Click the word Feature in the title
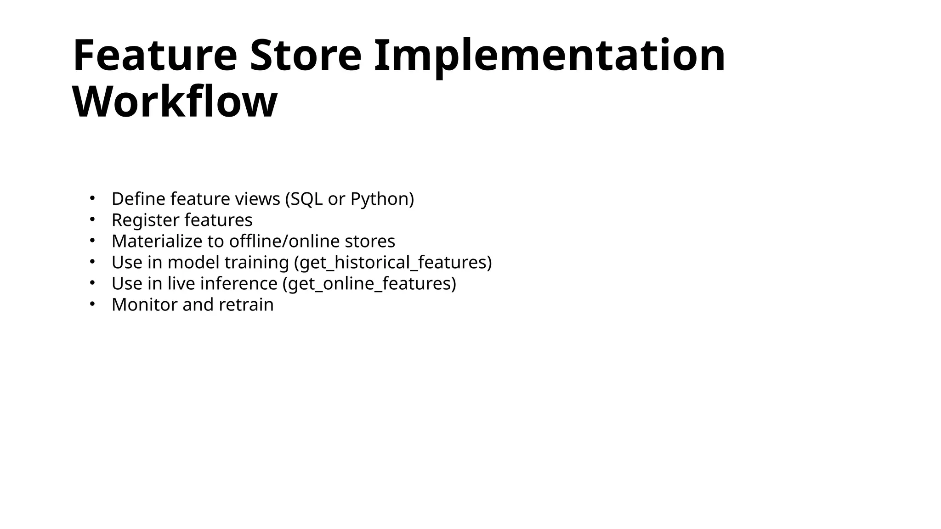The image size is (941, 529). [155, 56]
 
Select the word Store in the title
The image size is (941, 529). [306, 56]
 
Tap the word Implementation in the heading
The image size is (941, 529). [550, 56]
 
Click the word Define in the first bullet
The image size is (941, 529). [138, 199]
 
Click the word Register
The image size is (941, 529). [145, 220]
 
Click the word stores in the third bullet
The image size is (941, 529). [370, 241]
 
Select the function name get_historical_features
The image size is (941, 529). [393, 262]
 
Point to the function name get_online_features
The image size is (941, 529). [369, 283]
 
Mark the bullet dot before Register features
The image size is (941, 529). [92, 219]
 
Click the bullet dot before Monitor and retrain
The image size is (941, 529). [92, 304]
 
